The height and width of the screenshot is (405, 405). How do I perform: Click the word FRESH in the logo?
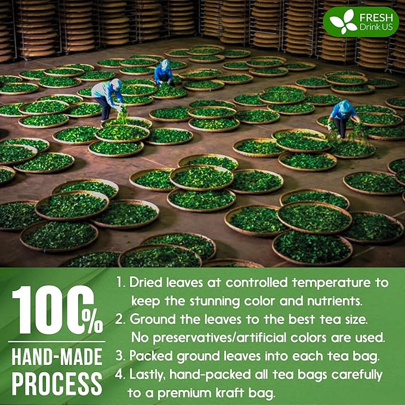(376, 18)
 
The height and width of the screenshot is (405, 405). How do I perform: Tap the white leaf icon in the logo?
(343, 22)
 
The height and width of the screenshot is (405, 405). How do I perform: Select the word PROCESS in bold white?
(57, 384)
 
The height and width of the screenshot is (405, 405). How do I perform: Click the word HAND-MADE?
(57, 357)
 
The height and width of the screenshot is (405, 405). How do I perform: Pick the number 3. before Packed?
(120, 356)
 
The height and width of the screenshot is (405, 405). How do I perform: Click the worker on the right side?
(342, 118)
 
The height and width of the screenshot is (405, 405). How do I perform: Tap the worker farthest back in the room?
(163, 73)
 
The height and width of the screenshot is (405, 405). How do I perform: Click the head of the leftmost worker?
(116, 84)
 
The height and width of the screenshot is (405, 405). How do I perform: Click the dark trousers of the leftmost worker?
(106, 108)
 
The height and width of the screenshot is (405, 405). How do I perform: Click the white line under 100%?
(57, 342)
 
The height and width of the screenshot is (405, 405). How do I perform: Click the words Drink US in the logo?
(376, 27)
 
